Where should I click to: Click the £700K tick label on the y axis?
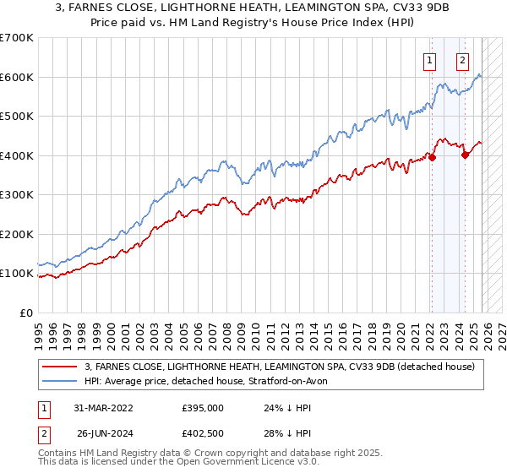tap(16, 38)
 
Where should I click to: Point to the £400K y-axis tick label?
tap(16, 155)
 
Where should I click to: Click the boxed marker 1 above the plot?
tap(430, 60)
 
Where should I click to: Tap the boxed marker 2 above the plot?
tap(463, 60)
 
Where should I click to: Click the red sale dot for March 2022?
tap(432, 157)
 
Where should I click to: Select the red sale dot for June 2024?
tap(465, 155)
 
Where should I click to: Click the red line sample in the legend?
tap(61, 367)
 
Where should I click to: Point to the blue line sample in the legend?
tap(61, 381)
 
